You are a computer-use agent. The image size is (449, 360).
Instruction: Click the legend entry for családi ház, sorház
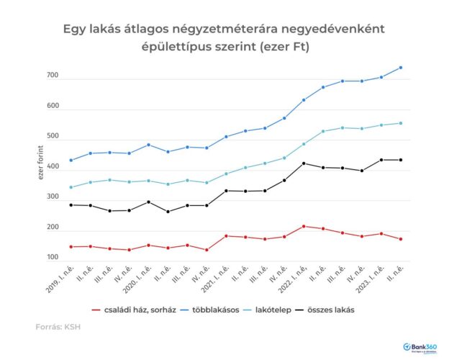click(135, 310)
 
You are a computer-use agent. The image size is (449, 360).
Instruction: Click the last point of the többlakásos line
click(401, 68)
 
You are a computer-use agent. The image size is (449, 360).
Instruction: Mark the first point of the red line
click(71, 247)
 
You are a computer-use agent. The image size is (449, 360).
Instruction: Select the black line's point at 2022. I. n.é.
click(304, 163)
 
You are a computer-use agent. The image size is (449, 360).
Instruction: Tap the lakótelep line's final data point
click(401, 123)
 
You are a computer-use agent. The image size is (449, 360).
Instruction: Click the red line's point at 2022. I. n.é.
click(304, 226)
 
